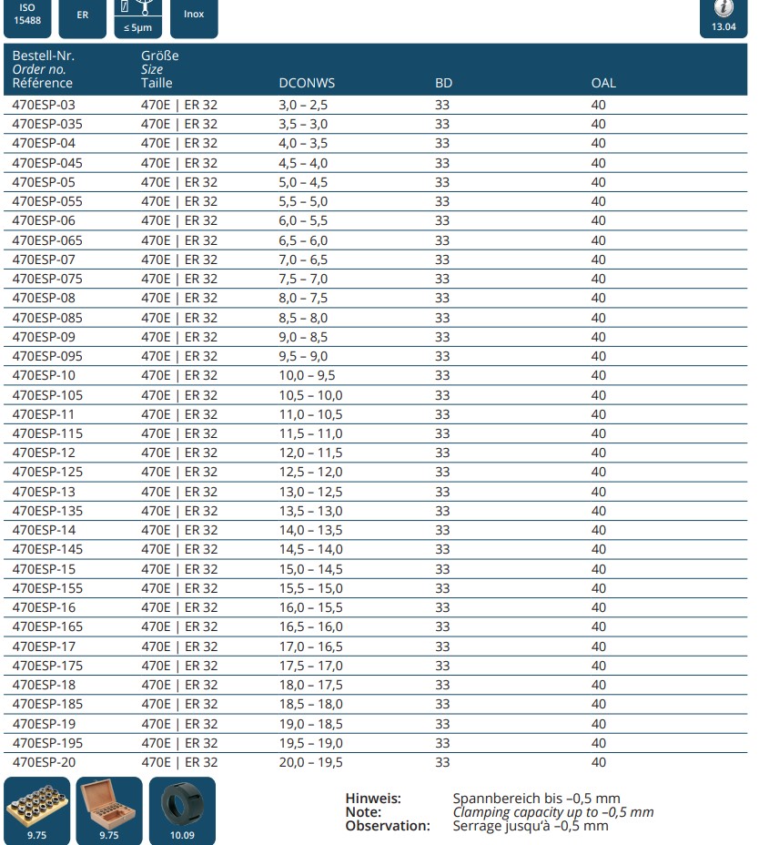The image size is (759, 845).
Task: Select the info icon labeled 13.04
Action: click(724, 16)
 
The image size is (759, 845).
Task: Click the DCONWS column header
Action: click(307, 83)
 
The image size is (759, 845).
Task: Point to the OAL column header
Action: click(603, 83)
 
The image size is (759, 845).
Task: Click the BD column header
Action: click(443, 83)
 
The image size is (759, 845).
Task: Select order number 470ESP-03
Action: click(44, 105)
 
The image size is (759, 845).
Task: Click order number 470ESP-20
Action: click(44, 762)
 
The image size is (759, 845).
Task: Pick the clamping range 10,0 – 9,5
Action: click(307, 375)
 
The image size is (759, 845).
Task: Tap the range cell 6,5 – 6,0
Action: click(303, 240)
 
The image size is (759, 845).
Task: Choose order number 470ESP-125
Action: click(47, 472)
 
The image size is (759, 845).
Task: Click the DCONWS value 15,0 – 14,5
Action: click(310, 569)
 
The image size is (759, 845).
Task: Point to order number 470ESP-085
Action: click(47, 318)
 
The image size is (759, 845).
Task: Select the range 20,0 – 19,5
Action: click(310, 762)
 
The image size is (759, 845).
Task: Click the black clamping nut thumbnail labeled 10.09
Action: click(182, 809)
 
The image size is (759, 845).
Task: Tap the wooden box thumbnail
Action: click(109, 809)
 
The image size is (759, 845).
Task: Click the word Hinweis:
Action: click(373, 799)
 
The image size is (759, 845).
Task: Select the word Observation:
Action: click(387, 826)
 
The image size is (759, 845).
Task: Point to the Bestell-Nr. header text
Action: click(43, 56)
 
